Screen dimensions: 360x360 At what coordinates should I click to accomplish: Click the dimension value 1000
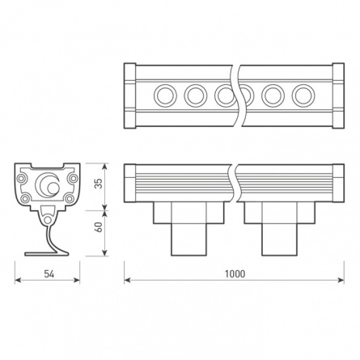[x=235, y=273]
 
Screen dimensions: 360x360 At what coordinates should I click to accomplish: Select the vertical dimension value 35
[x=97, y=184]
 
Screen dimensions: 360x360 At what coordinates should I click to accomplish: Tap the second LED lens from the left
[x=195, y=95]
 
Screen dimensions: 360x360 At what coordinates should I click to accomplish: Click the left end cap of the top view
[x=130, y=95]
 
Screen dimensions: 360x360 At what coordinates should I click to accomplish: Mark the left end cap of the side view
[x=130, y=184]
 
